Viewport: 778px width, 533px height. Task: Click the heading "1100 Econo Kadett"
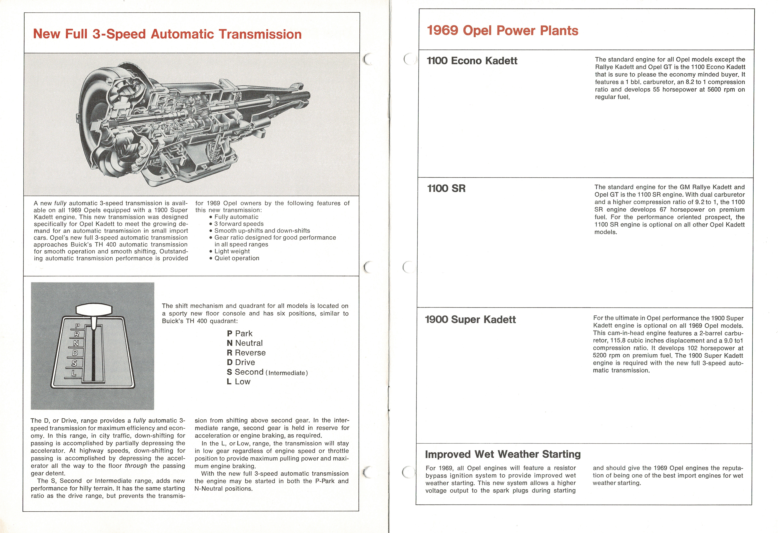click(x=472, y=61)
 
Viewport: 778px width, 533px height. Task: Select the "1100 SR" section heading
click(x=446, y=188)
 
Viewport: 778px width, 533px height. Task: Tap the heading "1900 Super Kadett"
click(x=470, y=320)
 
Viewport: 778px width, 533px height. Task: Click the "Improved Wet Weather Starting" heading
click(x=502, y=454)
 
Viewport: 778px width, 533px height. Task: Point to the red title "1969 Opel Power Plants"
click(x=502, y=30)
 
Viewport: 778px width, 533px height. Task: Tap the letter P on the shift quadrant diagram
click(x=77, y=326)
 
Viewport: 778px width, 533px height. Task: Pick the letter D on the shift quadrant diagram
click(x=75, y=353)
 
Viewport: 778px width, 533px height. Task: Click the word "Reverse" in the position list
click(x=250, y=353)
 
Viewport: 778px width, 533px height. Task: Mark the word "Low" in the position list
click(x=242, y=382)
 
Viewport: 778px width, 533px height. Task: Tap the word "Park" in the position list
click(x=244, y=334)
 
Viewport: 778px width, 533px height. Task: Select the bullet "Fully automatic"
click(x=236, y=217)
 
